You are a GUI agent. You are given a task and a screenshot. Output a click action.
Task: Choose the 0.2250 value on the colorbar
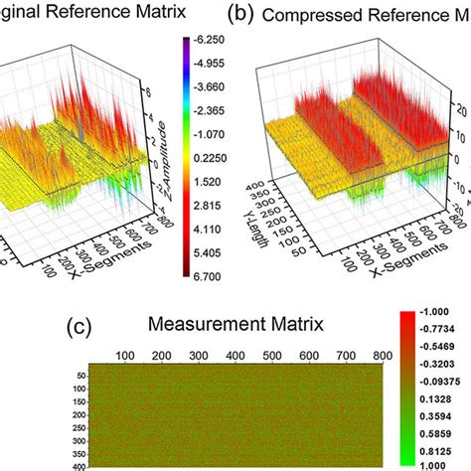click(213, 156)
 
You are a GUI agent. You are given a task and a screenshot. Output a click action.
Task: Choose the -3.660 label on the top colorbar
click(213, 87)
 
